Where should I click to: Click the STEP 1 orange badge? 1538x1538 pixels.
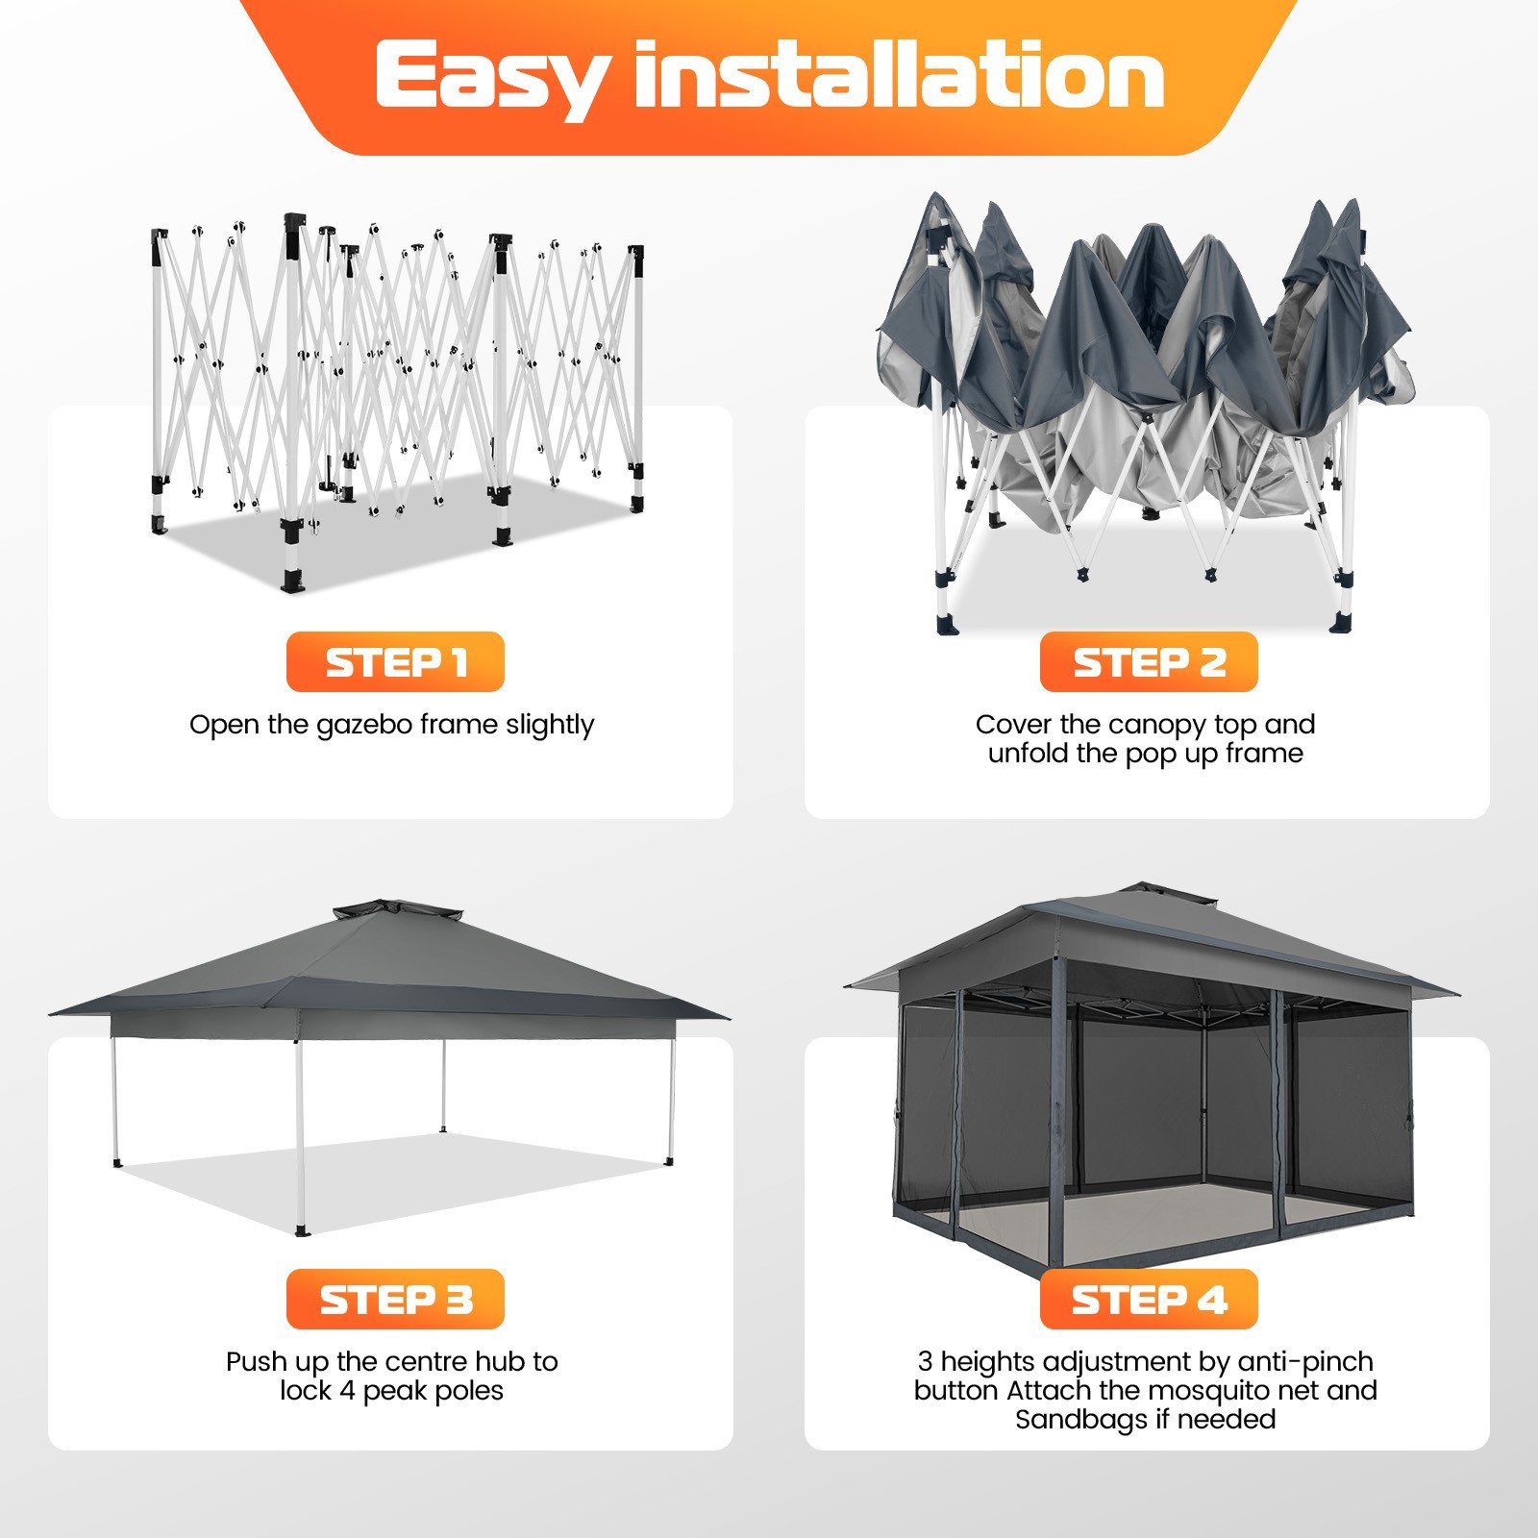(395, 661)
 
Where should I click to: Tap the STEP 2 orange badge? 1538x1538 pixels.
(1149, 661)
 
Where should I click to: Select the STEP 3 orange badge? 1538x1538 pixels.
(395, 1299)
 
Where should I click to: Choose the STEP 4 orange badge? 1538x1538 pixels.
(1149, 1299)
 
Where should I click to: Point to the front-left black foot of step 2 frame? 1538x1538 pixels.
(949, 625)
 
